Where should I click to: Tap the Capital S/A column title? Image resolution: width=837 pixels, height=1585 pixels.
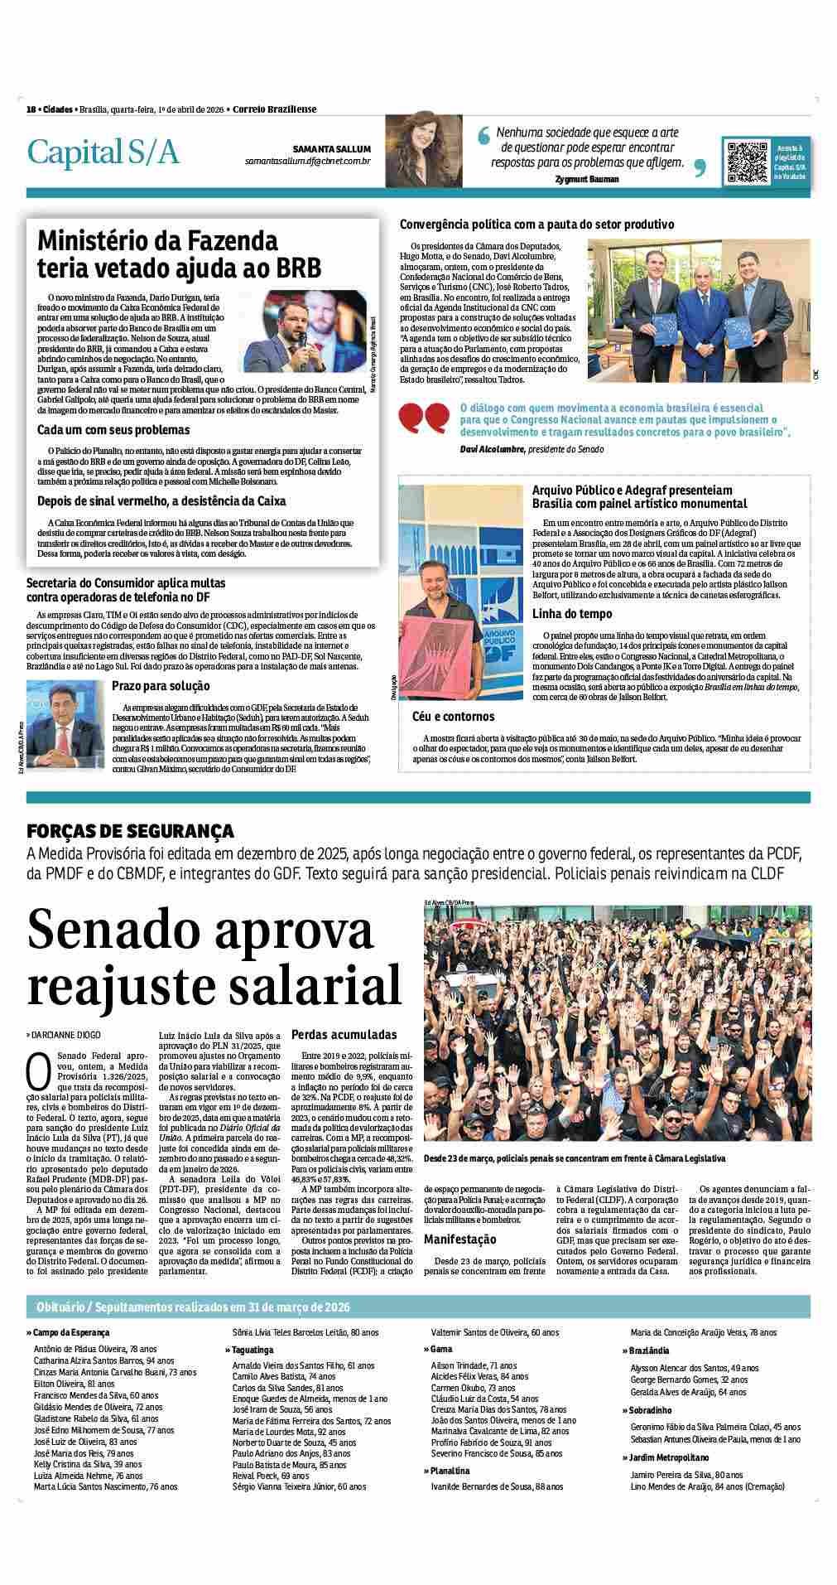tap(103, 152)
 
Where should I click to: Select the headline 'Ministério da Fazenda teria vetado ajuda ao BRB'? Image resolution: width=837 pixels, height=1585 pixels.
tap(180, 254)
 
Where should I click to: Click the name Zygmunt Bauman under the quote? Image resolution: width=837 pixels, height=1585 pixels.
tap(587, 179)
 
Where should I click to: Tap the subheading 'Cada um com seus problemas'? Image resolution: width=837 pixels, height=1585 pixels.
tap(113, 430)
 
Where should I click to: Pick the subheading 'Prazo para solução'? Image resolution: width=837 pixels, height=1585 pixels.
tap(161, 686)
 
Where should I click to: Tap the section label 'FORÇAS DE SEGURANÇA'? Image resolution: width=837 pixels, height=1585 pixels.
tap(130, 831)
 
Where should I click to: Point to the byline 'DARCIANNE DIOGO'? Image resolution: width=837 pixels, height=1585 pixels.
tap(66, 1036)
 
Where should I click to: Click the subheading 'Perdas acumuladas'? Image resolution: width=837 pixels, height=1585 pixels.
tap(344, 1035)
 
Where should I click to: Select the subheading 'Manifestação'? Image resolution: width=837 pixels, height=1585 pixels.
tap(460, 1239)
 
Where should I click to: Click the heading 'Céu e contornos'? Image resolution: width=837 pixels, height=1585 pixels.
tap(453, 717)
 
